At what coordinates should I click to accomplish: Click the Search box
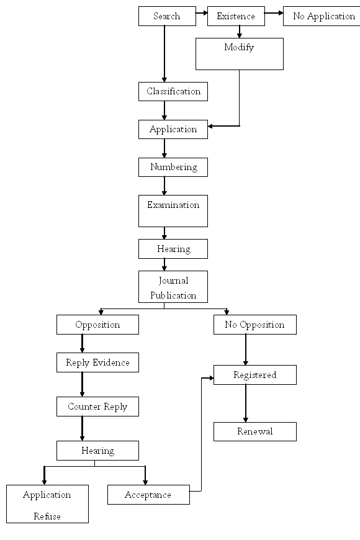[x=167, y=16]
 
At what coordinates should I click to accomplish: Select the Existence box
[x=236, y=16]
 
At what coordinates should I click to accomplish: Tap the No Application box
[x=322, y=16]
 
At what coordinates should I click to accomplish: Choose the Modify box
[x=240, y=54]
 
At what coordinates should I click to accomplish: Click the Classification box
[x=173, y=91]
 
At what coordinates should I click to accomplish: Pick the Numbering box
[x=173, y=167]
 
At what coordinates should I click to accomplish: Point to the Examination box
[x=173, y=211]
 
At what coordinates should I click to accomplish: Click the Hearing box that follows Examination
[x=173, y=249]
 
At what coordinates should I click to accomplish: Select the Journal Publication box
[x=173, y=287]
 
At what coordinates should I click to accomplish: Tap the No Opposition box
[x=255, y=325]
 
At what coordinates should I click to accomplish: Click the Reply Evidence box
[x=97, y=362]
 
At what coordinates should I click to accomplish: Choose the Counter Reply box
[x=97, y=407]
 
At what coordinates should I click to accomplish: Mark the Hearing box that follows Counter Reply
[x=97, y=451]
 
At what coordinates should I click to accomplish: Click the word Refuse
[x=47, y=516]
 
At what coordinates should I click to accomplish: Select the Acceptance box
[x=148, y=495]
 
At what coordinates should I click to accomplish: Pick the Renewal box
[x=255, y=431]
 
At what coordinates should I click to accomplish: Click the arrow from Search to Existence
[x=202, y=13]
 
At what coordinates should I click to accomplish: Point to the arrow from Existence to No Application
[x=274, y=13]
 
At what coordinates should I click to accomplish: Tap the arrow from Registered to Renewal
[x=246, y=403]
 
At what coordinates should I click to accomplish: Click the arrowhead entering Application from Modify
[x=210, y=126]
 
